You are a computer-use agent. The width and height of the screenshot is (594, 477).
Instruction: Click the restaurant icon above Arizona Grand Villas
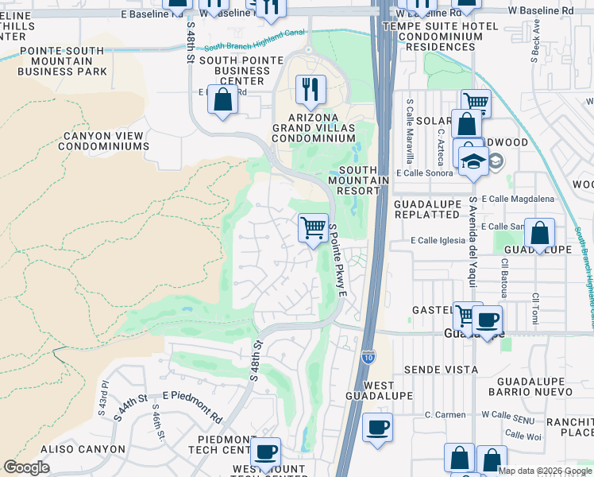(310, 89)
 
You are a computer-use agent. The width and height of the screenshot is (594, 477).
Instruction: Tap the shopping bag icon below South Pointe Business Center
(222, 101)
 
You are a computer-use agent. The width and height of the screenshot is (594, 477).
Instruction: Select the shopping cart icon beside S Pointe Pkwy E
(314, 228)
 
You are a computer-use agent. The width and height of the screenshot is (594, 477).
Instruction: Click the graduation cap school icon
(473, 159)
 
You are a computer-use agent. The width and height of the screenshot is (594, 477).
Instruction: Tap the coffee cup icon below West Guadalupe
(377, 427)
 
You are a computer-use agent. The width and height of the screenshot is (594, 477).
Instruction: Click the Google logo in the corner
(26, 467)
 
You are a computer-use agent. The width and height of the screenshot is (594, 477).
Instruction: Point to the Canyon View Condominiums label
(106, 141)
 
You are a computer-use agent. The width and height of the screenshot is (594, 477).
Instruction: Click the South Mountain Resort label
(364, 180)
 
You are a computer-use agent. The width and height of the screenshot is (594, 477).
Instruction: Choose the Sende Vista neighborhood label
(441, 370)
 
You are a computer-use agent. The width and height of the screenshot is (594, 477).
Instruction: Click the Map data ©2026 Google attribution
(545, 470)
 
